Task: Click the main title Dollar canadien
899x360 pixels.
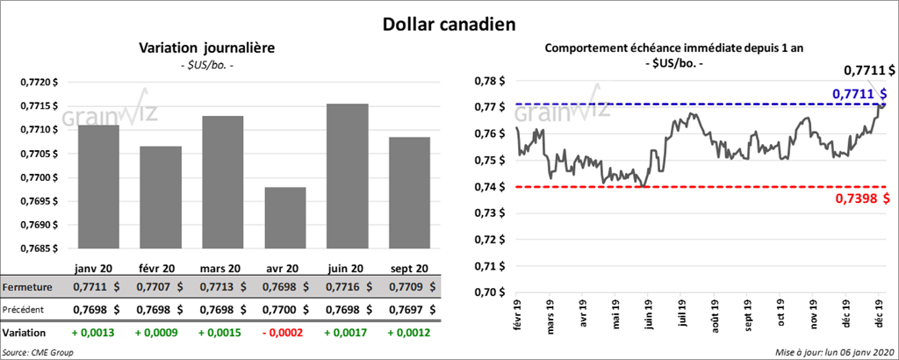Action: (449, 24)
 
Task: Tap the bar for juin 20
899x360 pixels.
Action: (347, 176)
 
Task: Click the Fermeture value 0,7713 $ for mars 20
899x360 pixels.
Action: (221, 287)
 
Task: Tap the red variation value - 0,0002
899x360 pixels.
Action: (284, 334)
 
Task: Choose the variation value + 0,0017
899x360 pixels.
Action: (346, 334)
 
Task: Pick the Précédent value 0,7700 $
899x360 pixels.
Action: (284, 309)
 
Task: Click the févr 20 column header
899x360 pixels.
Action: (159, 268)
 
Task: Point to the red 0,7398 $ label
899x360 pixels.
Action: (863, 198)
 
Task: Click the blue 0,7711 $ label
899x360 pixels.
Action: (859, 93)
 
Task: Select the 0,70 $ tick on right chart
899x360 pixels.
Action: (489, 292)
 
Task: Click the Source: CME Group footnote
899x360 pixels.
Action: (38, 352)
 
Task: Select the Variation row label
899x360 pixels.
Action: (25, 334)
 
